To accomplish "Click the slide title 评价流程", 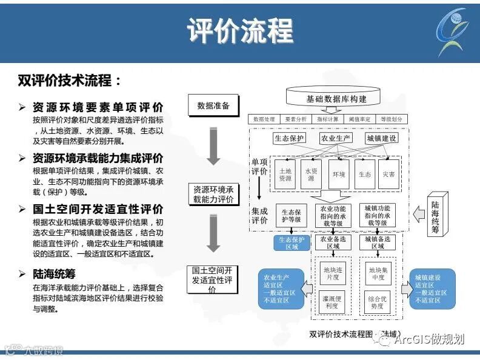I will (x=240, y=30).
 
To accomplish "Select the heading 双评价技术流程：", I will (x=70, y=81).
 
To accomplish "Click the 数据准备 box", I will (x=213, y=105).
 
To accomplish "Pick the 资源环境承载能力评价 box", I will (x=213, y=195).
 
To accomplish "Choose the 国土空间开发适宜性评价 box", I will (x=212, y=280).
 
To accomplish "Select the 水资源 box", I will (x=312, y=175).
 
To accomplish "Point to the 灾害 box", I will (x=389, y=175).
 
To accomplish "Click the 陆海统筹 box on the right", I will (x=436, y=213).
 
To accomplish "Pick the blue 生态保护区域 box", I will (x=288, y=243).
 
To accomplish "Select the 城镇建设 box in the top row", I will (x=382, y=139).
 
